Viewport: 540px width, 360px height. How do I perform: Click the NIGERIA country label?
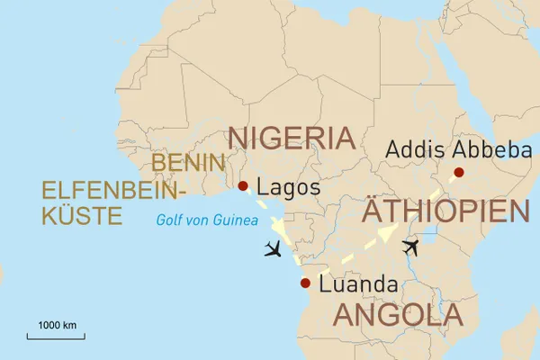(x=292, y=138)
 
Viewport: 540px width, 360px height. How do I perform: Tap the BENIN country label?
(x=186, y=163)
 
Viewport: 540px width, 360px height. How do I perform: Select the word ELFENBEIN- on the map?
(x=112, y=190)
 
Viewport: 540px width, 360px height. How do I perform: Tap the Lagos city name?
(x=288, y=189)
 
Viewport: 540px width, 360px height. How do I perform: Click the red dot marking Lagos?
(x=242, y=187)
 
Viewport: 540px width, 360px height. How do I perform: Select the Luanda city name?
(x=359, y=284)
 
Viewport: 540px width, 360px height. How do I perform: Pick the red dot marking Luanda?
(x=304, y=283)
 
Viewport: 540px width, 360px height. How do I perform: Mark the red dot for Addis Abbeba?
(x=459, y=172)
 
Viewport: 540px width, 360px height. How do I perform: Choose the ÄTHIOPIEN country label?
(x=445, y=212)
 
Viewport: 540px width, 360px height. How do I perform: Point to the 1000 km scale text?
(x=56, y=324)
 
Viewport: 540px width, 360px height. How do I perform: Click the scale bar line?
(x=56, y=337)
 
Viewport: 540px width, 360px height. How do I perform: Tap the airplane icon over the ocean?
(x=274, y=249)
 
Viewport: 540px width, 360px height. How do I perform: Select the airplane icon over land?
(x=410, y=246)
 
